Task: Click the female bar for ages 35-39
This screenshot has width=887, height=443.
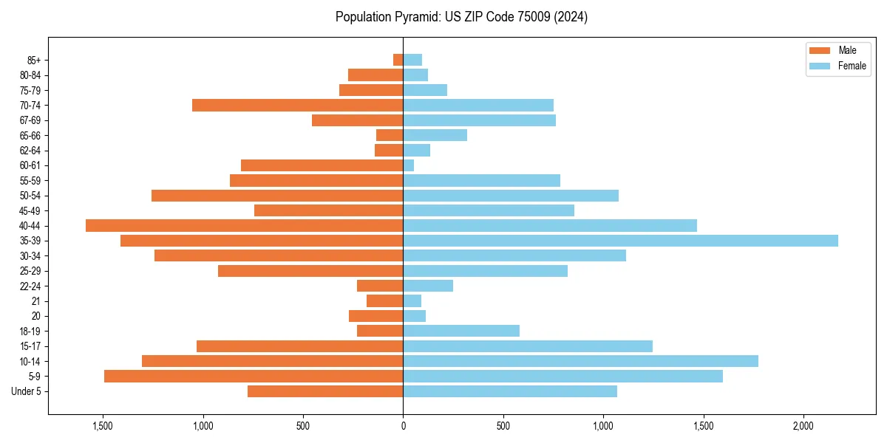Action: [x=620, y=241]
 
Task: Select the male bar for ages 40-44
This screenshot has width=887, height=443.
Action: [x=244, y=226]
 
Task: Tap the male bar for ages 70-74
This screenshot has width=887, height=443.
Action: [x=297, y=106]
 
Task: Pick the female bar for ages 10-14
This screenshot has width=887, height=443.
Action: [x=580, y=361]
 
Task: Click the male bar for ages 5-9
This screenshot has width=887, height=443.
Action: [x=254, y=377]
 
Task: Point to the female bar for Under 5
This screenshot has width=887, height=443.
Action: [x=510, y=391]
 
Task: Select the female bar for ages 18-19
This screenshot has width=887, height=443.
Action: [x=461, y=331]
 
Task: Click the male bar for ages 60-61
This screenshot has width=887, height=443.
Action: [x=322, y=165]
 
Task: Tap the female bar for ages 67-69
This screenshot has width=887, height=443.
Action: [x=479, y=120]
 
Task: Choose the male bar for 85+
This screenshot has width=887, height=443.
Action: [x=398, y=60]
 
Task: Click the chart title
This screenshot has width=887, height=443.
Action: [x=461, y=17]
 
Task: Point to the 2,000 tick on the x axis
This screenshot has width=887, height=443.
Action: [x=803, y=426]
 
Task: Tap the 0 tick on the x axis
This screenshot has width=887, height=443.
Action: [x=403, y=426]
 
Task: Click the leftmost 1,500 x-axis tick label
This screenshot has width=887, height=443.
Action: [x=102, y=426]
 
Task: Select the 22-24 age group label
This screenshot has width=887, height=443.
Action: [x=30, y=286]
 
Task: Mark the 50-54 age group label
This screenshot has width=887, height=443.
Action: [x=30, y=196]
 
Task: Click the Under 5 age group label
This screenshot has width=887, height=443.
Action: [x=26, y=391]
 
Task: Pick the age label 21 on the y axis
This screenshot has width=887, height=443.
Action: [x=35, y=301]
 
